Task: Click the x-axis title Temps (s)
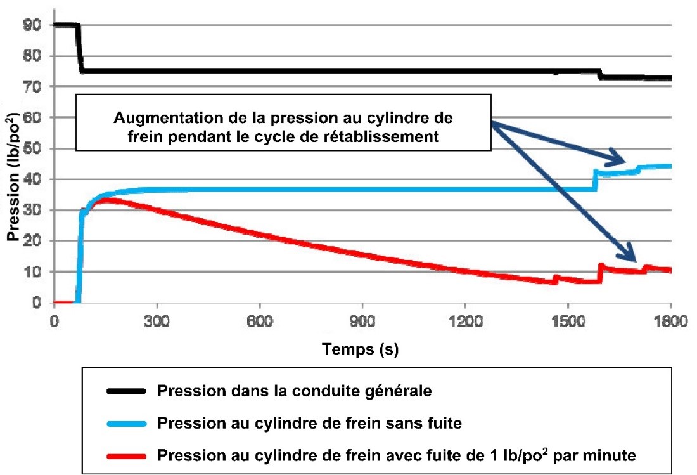click(x=360, y=348)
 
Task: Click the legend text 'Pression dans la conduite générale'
click(x=295, y=391)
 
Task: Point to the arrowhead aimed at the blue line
click(x=618, y=160)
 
